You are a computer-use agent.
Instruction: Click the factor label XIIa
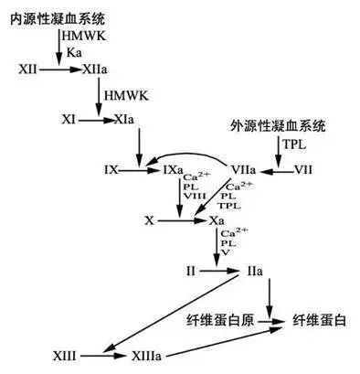tap(94, 69)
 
